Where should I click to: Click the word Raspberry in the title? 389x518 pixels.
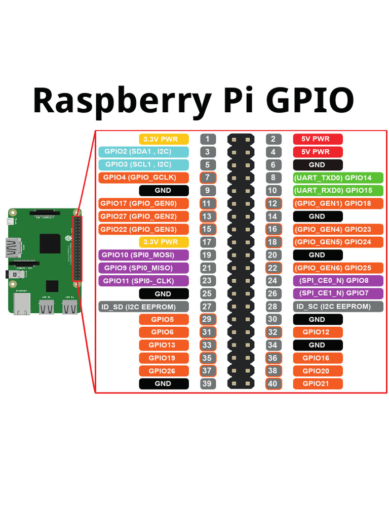tap(122, 100)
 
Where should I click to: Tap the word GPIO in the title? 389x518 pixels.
tap(310, 100)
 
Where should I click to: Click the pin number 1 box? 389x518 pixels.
tap(208, 139)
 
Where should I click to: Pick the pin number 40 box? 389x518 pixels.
tap(273, 383)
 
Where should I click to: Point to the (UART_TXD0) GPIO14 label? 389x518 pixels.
tap(338, 178)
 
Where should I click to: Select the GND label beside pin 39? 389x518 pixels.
tap(164, 383)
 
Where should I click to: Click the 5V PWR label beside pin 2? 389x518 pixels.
tap(318, 139)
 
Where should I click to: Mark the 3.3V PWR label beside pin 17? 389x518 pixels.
tap(164, 242)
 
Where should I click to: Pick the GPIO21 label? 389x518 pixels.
tap(318, 383)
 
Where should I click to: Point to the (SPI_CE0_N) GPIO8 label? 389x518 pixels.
tap(338, 280)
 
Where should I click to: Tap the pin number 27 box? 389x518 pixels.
tap(208, 307)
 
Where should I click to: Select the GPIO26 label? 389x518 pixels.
tap(164, 371)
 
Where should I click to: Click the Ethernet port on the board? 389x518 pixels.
tap(22, 304)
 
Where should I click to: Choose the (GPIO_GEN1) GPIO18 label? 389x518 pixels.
tap(338, 203)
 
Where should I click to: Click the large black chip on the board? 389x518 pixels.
tap(51, 244)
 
